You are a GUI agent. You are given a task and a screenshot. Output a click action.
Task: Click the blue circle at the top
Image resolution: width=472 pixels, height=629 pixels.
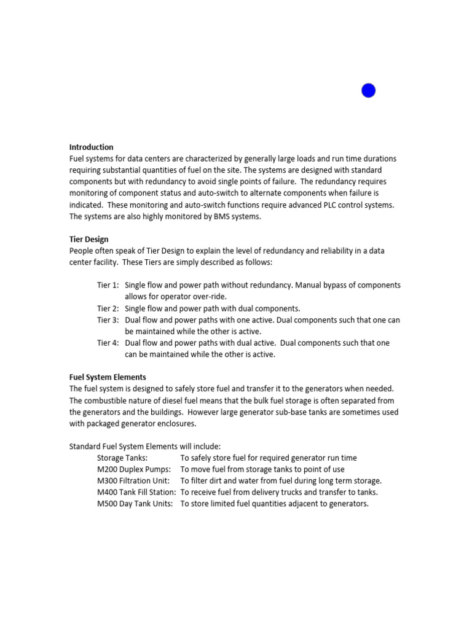point(368,91)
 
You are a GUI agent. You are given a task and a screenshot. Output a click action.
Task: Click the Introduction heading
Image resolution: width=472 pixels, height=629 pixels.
point(92,147)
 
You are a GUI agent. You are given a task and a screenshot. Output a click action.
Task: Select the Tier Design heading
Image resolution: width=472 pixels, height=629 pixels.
point(90,240)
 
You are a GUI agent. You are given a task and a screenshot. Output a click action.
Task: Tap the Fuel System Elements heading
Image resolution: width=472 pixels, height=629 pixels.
point(108,377)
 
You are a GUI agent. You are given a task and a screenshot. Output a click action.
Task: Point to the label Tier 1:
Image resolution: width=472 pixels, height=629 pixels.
point(108,286)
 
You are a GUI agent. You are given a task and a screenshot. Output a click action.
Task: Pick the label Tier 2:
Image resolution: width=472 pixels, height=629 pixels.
point(108,308)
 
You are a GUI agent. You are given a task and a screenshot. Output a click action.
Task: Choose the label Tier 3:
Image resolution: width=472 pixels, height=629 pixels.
point(108,320)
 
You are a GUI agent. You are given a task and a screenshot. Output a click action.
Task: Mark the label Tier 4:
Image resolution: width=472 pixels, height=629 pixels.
point(108,343)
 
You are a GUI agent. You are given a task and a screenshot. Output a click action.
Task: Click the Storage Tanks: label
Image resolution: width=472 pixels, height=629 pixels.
point(122,458)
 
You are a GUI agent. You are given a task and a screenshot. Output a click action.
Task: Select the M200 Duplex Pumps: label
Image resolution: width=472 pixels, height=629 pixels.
point(134,470)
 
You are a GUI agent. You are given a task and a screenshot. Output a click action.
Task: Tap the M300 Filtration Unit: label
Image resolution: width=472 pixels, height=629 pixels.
point(133,481)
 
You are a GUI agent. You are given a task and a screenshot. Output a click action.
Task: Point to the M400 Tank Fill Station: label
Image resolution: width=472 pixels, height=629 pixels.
point(136,493)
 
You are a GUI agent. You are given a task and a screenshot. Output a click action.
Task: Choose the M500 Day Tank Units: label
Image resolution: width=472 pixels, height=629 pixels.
point(135,504)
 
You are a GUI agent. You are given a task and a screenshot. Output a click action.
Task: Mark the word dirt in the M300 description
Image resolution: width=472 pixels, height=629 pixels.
point(221,481)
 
